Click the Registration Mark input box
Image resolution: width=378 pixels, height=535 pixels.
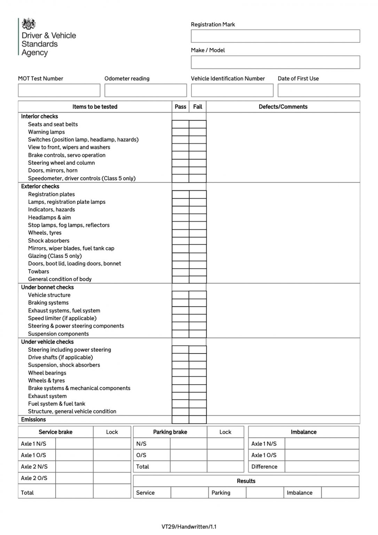[x=275, y=36]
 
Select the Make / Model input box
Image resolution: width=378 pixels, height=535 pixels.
[x=275, y=62]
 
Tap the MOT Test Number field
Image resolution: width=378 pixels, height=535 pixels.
[x=59, y=91]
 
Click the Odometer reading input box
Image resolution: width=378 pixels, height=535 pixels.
[x=145, y=91]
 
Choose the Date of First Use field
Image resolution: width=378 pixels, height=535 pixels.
[x=319, y=91]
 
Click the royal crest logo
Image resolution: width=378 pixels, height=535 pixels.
[x=29, y=24]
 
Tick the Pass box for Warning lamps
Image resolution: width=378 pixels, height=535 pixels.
[x=180, y=132]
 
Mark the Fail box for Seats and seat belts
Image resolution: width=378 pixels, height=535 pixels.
[x=198, y=124]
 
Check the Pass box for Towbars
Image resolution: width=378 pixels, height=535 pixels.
[x=180, y=272]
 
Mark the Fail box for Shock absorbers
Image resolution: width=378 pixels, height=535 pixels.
[x=198, y=241]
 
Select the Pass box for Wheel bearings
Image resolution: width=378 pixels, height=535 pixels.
[x=180, y=373]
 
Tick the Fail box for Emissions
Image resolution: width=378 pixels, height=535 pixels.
[x=198, y=420]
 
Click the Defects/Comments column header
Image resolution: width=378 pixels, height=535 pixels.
[x=283, y=107]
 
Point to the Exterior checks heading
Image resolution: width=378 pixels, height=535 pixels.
[x=40, y=186]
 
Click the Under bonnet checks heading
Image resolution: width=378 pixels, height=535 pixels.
[x=47, y=287]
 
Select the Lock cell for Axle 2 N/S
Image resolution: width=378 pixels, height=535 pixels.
[x=112, y=467]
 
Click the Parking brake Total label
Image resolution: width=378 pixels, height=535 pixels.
[x=143, y=467]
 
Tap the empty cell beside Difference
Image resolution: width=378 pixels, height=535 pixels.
[x=322, y=467]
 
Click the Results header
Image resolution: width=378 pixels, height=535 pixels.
[x=246, y=481]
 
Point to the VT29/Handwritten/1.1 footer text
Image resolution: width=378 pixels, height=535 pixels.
[x=189, y=527]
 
